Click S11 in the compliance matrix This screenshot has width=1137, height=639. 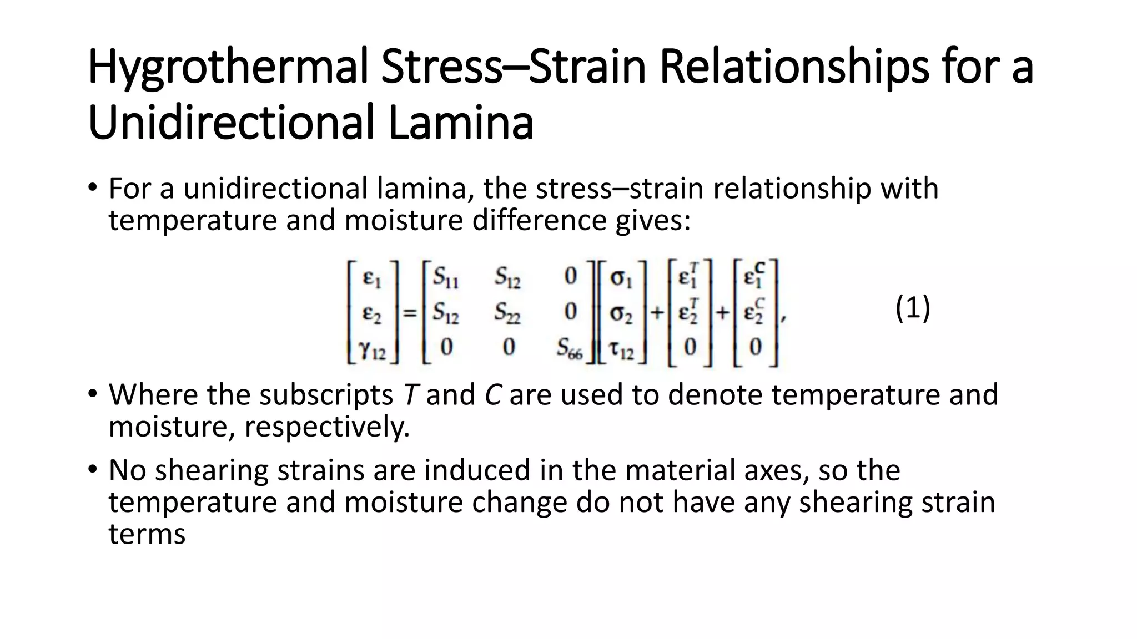coord(446,277)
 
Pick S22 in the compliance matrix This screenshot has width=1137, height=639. coord(507,312)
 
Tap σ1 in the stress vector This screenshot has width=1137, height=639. coord(621,277)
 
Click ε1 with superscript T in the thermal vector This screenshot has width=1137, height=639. coord(688,276)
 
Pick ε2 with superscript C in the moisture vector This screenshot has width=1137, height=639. coord(754,312)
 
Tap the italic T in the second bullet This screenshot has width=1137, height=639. coord(410,395)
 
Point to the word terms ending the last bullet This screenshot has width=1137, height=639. coord(147,534)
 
